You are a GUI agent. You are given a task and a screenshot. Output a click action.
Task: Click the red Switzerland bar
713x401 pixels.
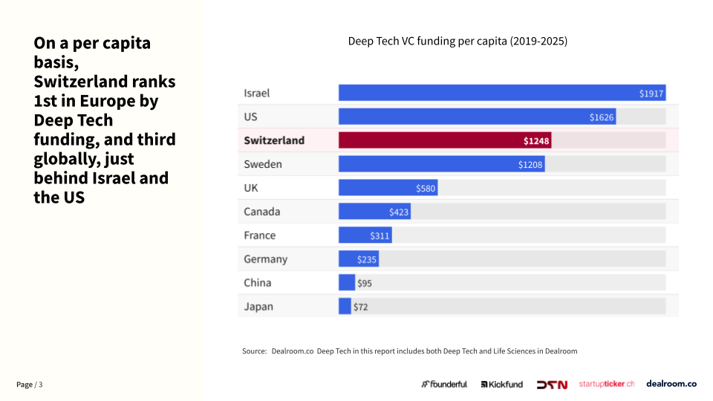click(x=444, y=140)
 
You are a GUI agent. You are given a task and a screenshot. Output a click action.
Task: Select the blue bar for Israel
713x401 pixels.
click(x=501, y=93)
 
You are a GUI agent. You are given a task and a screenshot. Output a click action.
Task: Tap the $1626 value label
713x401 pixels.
click(x=602, y=117)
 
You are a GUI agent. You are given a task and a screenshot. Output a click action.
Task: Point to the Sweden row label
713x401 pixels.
click(x=263, y=164)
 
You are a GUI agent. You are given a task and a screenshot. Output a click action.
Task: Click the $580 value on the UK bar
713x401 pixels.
click(x=426, y=189)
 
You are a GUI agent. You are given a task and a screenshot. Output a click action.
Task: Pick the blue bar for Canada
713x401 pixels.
click(x=374, y=212)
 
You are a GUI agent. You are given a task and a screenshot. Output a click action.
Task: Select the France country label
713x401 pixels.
click(x=259, y=235)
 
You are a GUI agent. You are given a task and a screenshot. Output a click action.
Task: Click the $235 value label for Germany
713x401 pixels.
click(x=367, y=260)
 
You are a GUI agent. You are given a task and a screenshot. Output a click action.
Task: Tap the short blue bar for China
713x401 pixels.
click(x=347, y=283)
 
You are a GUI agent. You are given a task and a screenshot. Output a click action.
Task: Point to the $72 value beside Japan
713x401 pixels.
click(x=360, y=307)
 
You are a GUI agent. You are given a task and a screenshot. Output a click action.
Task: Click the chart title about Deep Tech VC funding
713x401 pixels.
click(x=458, y=42)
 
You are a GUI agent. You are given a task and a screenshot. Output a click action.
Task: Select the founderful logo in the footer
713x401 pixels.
click(x=444, y=384)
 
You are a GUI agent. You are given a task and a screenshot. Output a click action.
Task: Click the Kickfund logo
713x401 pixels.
click(x=502, y=385)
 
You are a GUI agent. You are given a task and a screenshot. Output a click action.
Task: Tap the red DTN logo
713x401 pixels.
click(x=552, y=385)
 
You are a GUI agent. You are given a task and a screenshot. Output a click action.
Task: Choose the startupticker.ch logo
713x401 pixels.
click(x=607, y=384)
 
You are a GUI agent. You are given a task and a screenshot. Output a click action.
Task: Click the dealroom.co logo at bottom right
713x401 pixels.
click(x=671, y=384)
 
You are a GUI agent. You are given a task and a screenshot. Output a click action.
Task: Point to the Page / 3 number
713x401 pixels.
click(x=30, y=385)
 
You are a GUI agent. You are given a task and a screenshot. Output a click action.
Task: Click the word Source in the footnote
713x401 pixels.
click(x=254, y=351)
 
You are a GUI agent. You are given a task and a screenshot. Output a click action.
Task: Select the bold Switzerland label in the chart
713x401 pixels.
click(x=274, y=140)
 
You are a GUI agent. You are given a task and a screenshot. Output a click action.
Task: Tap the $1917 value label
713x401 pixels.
click(x=651, y=94)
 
